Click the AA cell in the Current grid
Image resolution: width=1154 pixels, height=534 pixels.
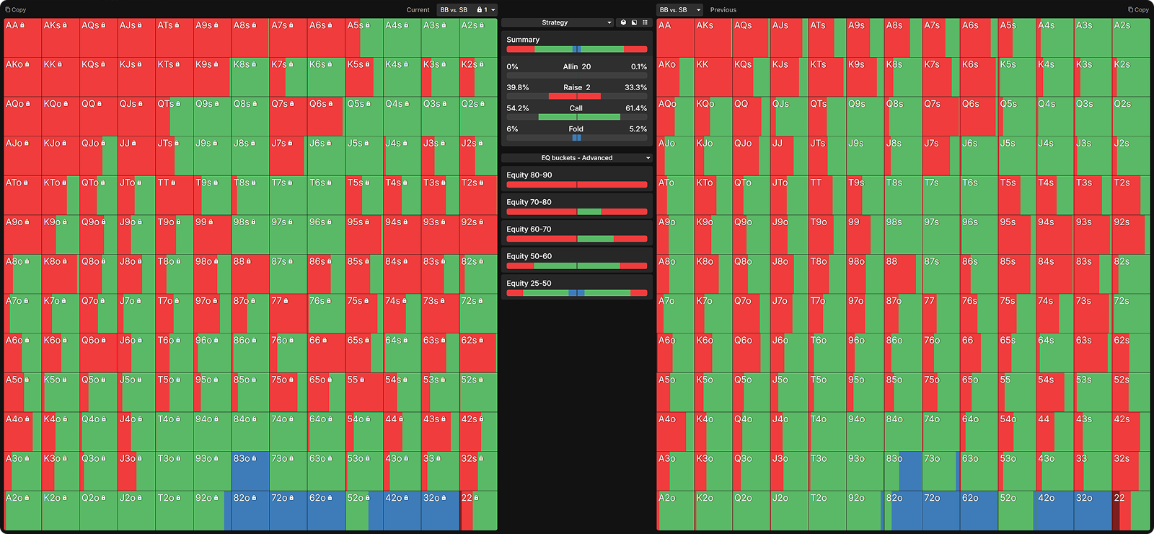[22, 38]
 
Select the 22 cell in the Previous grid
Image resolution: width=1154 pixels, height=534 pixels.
[1130, 511]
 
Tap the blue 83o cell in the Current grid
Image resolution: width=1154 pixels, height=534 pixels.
[250, 471]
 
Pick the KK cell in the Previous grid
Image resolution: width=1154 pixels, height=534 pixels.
[713, 77]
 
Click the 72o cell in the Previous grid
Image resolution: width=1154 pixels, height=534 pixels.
[941, 511]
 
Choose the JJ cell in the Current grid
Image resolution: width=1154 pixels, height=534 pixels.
[136, 156]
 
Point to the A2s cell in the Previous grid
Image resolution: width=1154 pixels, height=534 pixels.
[1130, 38]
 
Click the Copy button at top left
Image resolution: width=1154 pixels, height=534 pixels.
[16, 10]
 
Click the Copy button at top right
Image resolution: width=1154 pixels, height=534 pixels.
[1138, 10]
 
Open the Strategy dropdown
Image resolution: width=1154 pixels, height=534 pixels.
[558, 23]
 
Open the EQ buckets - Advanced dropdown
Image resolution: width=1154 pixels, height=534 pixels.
[577, 158]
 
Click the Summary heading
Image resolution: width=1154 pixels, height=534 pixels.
[523, 40]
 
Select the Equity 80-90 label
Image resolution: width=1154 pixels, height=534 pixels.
[529, 175]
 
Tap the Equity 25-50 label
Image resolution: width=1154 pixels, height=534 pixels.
[529, 284]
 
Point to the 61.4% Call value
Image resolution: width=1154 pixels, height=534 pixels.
[635, 108]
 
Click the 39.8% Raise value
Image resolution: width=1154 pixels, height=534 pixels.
[517, 87]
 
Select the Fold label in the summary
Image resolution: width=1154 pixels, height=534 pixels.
[576, 129]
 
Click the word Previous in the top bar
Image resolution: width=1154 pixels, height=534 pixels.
[723, 10]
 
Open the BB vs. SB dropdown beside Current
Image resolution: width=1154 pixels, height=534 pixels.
[457, 10]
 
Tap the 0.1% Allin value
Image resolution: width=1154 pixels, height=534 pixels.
[638, 66]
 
